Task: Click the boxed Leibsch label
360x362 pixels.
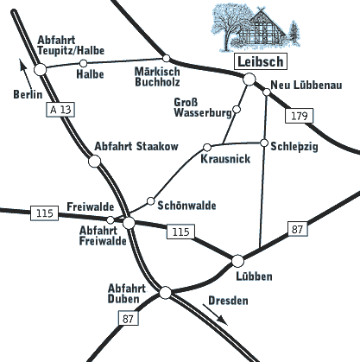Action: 261,61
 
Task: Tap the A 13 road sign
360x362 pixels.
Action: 60,110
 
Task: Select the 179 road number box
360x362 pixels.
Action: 299,116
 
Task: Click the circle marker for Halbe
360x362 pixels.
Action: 83,63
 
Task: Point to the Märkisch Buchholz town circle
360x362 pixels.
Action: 167,58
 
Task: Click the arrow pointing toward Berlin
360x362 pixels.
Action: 26,74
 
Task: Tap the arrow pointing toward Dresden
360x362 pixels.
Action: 215,314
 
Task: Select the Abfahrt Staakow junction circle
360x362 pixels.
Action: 94,162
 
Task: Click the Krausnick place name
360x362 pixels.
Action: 225,159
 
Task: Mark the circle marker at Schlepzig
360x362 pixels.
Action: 264,143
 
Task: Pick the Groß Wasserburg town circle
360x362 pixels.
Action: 237,109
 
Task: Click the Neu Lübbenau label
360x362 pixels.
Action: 306,85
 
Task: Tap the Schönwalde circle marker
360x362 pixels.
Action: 151,201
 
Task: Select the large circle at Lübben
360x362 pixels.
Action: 237,261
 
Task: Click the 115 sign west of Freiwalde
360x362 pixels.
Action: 45,213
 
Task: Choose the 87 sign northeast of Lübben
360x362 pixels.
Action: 298,229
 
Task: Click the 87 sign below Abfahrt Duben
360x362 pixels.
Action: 129,318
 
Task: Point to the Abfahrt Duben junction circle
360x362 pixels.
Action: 165,293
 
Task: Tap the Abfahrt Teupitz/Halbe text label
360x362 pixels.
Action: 71,45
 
